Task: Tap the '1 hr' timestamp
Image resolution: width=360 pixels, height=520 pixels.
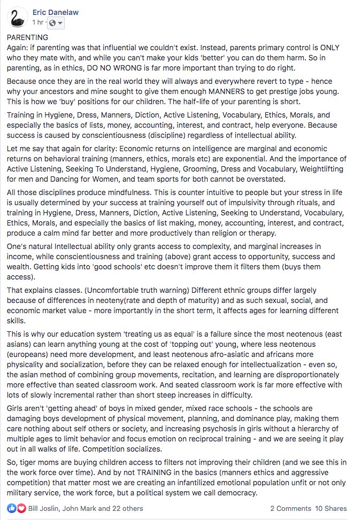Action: (x=37, y=22)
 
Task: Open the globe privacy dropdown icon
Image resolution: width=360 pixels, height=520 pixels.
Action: (x=56, y=22)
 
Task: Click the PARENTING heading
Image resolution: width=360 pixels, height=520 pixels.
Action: (x=27, y=38)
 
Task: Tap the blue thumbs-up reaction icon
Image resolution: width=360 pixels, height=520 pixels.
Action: (x=12, y=508)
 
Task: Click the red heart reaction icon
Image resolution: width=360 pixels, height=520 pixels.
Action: (x=21, y=508)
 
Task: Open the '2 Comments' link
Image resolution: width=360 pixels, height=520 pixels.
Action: (x=290, y=508)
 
